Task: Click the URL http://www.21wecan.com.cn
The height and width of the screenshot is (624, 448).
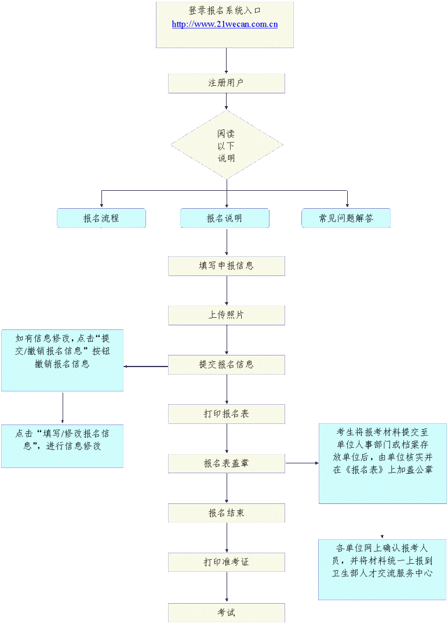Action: click(224, 24)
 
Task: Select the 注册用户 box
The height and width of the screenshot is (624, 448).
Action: click(226, 83)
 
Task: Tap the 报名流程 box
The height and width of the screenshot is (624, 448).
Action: click(101, 219)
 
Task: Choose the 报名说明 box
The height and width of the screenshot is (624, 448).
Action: click(224, 219)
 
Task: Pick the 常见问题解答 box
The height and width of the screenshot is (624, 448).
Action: click(346, 219)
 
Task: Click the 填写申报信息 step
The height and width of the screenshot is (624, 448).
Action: click(226, 266)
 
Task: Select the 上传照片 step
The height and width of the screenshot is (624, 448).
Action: click(226, 315)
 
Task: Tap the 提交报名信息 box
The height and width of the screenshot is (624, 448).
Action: click(226, 365)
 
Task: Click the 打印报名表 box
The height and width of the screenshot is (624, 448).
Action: click(226, 414)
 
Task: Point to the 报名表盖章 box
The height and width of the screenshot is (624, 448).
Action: click(226, 463)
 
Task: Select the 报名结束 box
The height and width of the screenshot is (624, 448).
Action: click(226, 513)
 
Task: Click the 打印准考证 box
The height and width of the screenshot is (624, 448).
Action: click(226, 562)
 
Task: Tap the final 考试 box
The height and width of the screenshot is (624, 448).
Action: click(226, 612)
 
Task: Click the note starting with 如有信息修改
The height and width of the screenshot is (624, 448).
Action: click(62, 360)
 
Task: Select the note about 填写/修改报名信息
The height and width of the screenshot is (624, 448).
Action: click(62, 445)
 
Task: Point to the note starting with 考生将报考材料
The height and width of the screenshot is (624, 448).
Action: click(382, 463)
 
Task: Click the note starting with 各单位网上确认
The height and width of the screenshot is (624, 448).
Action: click(382, 569)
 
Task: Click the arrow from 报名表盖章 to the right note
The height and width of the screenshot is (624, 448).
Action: click(301, 463)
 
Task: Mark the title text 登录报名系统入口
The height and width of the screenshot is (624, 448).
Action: click(224, 11)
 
